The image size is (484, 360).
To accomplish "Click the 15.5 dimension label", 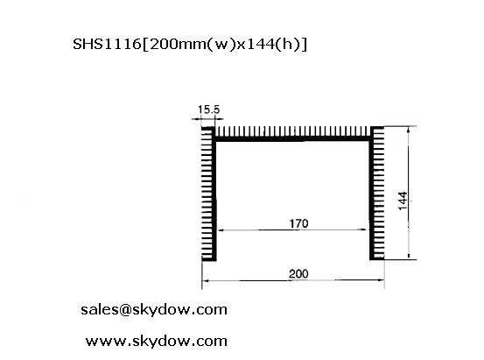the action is (x=208, y=109).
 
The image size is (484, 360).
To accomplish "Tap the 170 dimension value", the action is (x=298, y=223).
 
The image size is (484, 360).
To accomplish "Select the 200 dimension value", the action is (x=298, y=274).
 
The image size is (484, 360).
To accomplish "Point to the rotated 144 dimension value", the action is (x=403, y=201).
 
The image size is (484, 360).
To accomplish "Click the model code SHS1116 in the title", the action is (x=107, y=44).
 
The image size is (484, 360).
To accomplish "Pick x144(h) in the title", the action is (x=269, y=45).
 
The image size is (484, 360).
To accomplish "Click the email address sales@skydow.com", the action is (x=154, y=309).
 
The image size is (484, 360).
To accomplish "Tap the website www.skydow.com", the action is (x=156, y=341).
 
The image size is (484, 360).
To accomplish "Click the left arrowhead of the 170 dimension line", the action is (x=220, y=230).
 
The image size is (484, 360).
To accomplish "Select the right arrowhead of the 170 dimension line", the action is (x=365, y=229).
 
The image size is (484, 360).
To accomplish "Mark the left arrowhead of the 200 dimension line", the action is (x=206, y=280).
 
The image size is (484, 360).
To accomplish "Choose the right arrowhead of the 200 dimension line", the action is (x=381, y=280).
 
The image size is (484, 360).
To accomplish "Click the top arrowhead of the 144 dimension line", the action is (x=409, y=130).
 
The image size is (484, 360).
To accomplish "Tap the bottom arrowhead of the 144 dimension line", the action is (x=409, y=256).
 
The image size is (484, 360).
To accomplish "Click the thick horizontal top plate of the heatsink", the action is (x=292, y=139).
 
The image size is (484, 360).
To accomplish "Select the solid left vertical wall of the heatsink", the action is (x=214, y=194).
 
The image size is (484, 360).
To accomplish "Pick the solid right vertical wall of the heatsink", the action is (x=372, y=193).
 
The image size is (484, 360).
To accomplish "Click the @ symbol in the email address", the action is (x=124, y=309).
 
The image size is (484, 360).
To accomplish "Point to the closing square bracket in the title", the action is (x=304, y=45).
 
